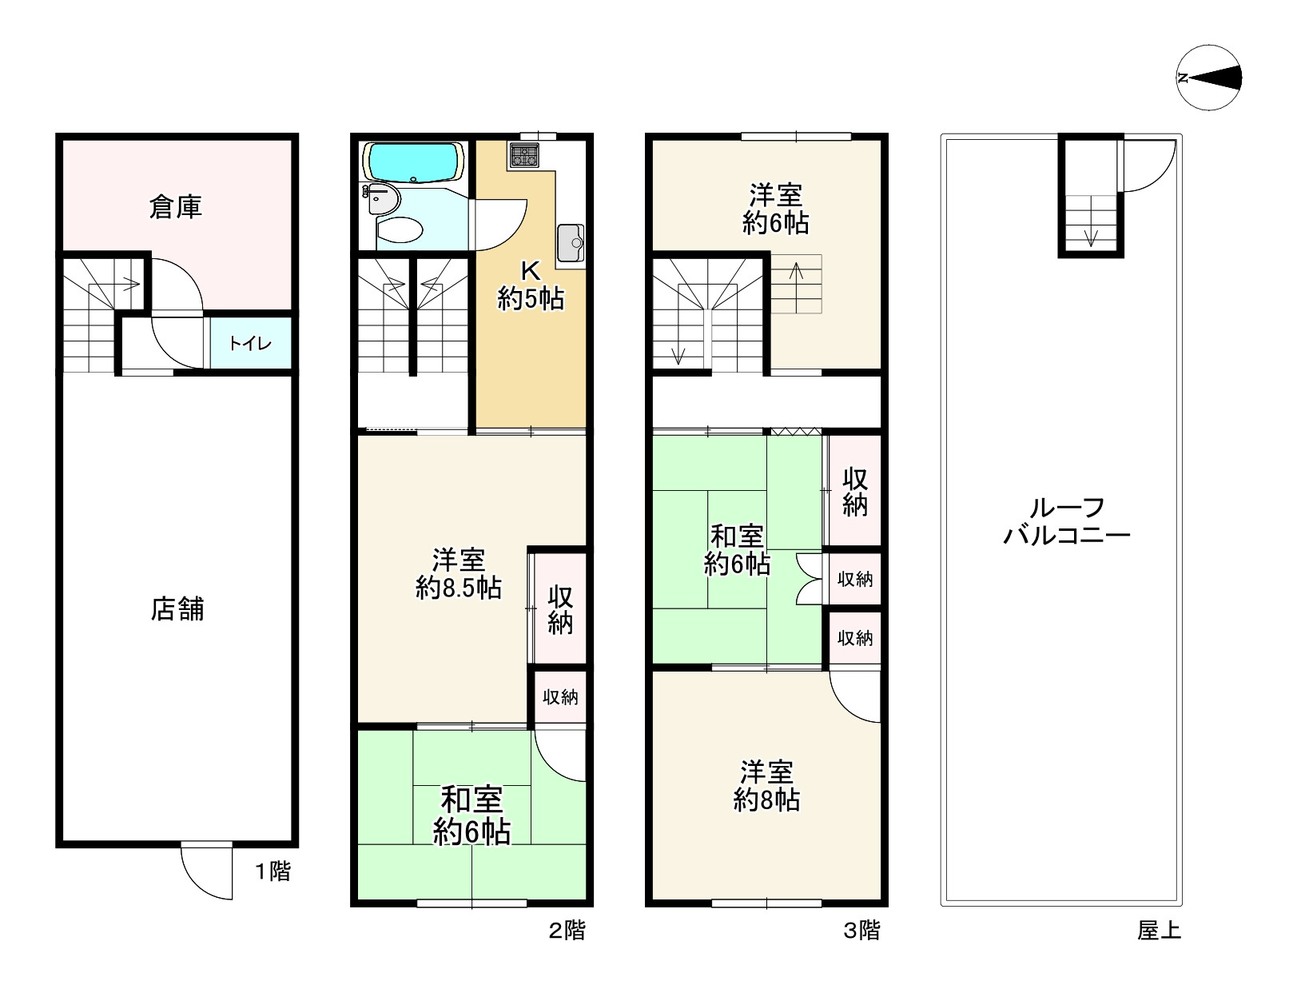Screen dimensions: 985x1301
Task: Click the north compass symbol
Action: click(x=1209, y=78)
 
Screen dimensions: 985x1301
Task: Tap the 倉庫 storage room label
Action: click(x=176, y=207)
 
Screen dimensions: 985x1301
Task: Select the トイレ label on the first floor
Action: click(x=250, y=344)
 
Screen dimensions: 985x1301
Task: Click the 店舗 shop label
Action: click(x=177, y=609)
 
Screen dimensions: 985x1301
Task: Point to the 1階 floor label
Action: click(x=273, y=871)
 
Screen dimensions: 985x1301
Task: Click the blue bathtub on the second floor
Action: click(x=413, y=162)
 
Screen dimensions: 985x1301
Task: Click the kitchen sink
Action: click(x=570, y=242)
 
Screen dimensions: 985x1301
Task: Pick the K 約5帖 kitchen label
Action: click(x=531, y=285)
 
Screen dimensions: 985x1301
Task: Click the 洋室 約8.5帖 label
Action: click(x=459, y=573)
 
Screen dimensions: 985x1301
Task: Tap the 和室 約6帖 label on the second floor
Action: click(x=471, y=815)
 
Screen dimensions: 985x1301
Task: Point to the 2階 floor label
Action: click(x=567, y=930)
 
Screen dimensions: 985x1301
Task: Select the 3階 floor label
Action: click(x=861, y=930)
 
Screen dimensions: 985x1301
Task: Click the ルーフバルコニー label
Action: click(x=1066, y=520)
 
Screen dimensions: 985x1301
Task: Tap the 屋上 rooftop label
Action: click(x=1159, y=930)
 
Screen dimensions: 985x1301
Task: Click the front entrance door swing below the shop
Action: click(x=206, y=871)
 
